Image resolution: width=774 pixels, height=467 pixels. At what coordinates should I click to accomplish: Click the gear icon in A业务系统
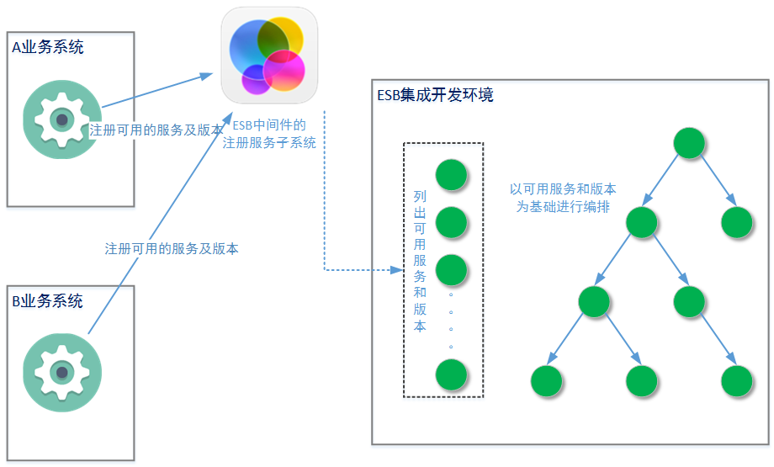61,119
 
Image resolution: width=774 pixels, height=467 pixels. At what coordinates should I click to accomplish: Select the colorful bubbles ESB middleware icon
269,56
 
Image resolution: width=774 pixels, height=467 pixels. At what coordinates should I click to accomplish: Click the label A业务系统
48,47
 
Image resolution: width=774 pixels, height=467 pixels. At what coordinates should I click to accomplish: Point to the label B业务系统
48,301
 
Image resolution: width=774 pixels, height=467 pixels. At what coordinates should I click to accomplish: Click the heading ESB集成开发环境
435,94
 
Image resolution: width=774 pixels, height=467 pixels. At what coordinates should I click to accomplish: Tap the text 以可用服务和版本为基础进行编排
563,197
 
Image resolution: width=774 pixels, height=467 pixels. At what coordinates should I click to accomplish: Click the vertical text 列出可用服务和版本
420,261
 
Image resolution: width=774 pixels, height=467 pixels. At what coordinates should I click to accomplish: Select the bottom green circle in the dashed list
451,374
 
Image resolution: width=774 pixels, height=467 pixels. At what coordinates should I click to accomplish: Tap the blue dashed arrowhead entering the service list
399,270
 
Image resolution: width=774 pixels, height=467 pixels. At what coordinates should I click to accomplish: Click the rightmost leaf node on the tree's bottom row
736,381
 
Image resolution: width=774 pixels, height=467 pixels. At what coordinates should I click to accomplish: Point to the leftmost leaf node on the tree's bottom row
546,381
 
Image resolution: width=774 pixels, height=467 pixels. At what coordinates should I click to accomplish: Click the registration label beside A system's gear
156,130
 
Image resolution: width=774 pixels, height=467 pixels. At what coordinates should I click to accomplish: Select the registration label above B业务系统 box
172,248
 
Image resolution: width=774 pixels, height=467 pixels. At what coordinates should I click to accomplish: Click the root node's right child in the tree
736,222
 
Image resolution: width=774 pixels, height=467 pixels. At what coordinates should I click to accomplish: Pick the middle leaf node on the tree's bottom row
641,381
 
